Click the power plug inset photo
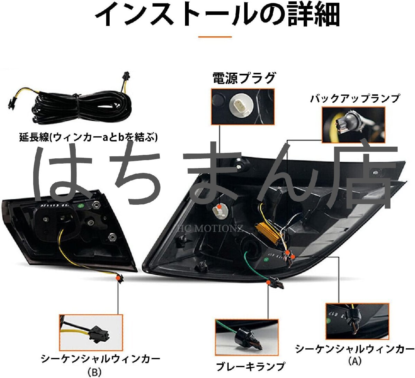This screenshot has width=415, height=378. tap(242, 106)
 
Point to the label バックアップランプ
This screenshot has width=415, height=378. tap(354, 99)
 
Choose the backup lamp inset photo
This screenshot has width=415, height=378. tap(353, 125)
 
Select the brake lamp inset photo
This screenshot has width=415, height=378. tap(247, 337)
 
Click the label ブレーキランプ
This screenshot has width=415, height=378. tap(251, 366)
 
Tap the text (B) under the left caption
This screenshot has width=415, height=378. tap(94, 372)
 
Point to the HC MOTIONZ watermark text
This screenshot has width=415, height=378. tap(210, 228)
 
